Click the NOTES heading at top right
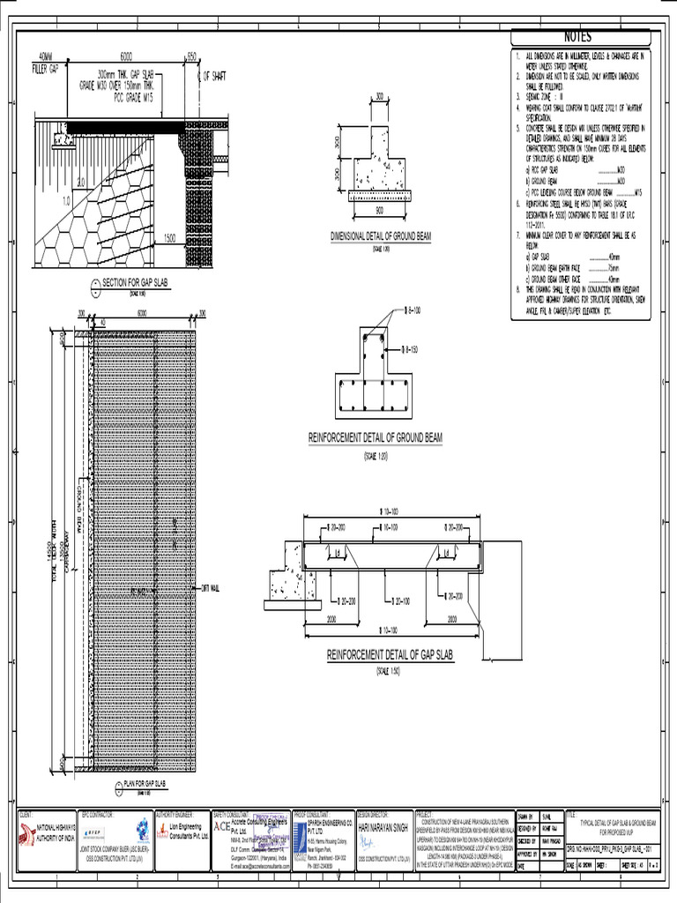578,36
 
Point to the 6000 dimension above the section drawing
131,55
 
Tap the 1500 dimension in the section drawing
169,238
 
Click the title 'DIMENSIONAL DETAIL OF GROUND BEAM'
380,237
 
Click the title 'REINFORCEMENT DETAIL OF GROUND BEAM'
375,438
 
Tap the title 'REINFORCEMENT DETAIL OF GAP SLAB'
389,655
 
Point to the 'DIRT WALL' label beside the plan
212,587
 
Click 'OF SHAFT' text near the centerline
215,77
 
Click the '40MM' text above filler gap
46,56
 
